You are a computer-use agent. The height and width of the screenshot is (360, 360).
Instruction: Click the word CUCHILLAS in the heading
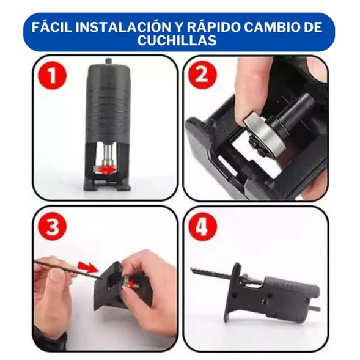[x=179, y=41]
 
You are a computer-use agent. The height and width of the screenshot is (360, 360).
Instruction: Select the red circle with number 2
[x=199, y=77]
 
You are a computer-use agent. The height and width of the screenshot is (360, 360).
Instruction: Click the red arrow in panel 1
[x=108, y=171]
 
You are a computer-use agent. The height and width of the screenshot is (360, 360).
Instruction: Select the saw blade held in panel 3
[x=61, y=265]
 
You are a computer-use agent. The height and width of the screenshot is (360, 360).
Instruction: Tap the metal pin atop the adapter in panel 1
[x=108, y=62]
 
